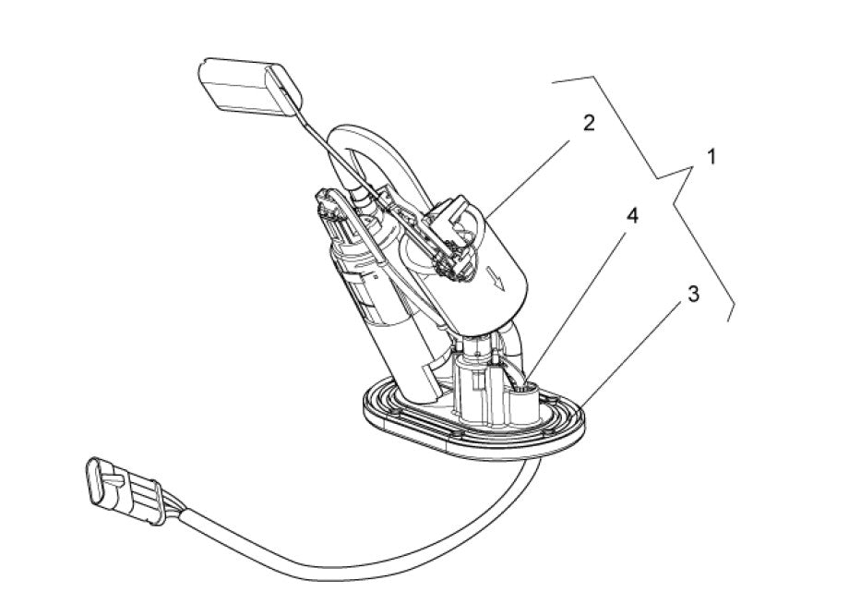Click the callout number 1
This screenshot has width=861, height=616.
click(x=712, y=158)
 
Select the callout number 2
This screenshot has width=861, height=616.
click(x=589, y=123)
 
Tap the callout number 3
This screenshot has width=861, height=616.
click(x=694, y=294)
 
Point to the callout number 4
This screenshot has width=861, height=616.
click(x=632, y=216)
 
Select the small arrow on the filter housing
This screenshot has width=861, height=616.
click(x=496, y=279)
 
